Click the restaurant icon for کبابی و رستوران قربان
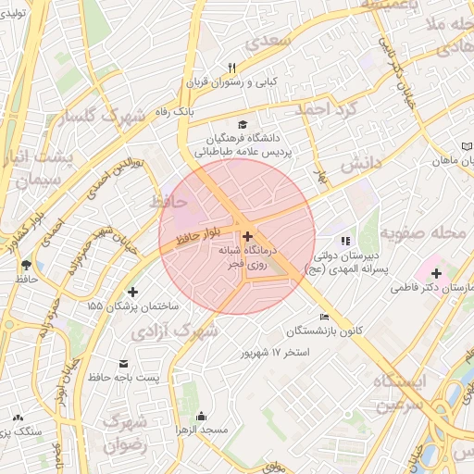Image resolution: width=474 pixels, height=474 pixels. click(x=232, y=68)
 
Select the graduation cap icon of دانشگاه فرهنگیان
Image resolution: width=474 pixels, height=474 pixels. click(x=243, y=124)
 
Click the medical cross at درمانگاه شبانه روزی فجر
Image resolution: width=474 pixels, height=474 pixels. click(x=247, y=236)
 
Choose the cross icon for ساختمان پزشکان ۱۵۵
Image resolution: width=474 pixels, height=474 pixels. click(x=132, y=293)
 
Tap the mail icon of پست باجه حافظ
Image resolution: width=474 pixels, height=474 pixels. click(x=123, y=363)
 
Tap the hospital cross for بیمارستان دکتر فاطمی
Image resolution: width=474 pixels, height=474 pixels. click(x=435, y=273)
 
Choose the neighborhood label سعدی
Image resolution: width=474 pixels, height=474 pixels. click(x=288, y=41)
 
